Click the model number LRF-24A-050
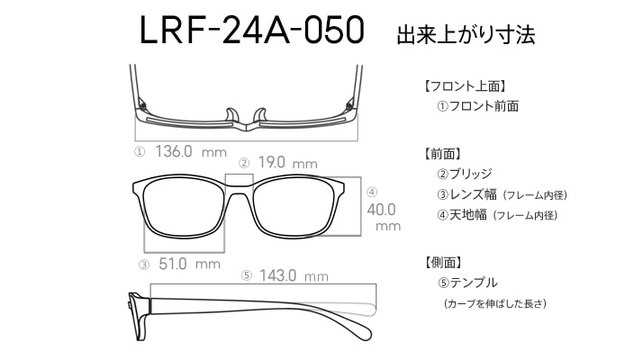252,30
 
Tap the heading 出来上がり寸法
466,34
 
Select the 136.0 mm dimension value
191,152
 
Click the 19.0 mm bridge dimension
287,162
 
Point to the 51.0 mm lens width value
189,264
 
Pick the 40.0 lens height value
381,210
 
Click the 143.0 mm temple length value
294,275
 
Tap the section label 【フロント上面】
465,86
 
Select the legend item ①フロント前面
477,106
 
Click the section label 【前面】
443,154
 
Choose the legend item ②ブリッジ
464,174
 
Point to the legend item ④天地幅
462,215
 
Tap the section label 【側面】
443,263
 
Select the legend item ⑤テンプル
467,283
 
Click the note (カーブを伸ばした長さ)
495,304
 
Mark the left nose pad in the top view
231,115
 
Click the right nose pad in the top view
260,115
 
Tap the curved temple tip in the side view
361,328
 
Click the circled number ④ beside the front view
372,192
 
